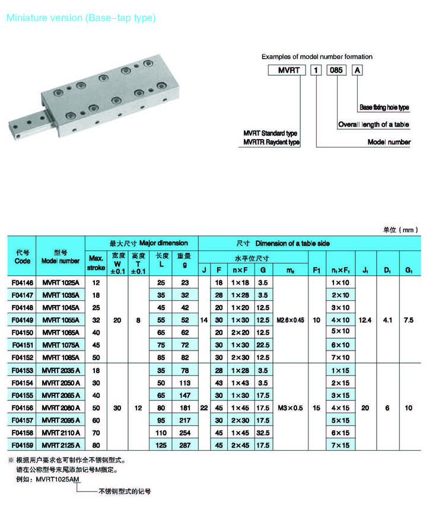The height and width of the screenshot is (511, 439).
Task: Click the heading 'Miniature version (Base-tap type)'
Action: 81,18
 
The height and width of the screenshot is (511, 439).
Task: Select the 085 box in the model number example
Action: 336,70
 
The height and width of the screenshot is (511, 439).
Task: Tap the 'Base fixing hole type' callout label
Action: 384,107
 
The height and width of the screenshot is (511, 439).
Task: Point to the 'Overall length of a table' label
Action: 374,124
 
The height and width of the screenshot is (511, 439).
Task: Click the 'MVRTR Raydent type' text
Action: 271,142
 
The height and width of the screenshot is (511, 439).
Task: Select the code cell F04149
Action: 22,320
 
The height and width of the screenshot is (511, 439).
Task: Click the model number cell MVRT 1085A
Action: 61,358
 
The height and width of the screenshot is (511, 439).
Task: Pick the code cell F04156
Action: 22,408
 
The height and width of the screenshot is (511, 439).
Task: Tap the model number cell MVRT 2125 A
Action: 61,445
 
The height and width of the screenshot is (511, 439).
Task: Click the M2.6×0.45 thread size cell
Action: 290,320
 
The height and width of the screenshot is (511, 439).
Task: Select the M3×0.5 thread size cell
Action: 290,408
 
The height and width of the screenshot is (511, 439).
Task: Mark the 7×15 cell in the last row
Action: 340,445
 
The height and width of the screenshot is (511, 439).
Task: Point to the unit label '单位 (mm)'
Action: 401,230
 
